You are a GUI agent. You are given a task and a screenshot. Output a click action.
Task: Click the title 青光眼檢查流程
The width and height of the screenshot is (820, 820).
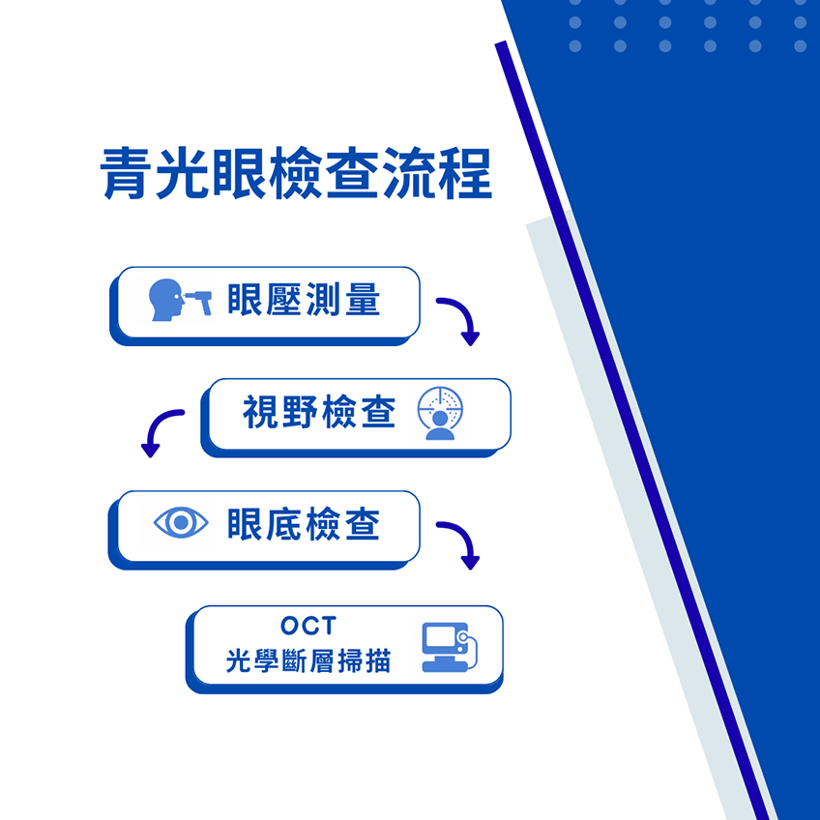point(296,172)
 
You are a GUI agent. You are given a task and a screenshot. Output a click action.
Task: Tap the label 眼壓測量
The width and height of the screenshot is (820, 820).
point(304,299)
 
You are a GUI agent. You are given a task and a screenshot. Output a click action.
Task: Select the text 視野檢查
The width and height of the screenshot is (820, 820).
point(319,412)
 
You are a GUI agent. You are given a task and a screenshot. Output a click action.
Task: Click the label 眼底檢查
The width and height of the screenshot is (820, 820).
point(304,523)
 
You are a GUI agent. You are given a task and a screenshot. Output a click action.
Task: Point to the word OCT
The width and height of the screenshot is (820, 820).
point(308,626)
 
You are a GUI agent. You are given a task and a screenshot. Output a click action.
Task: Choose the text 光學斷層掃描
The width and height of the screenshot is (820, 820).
point(308,660)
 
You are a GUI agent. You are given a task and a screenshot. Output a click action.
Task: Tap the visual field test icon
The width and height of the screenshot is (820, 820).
point(440,413)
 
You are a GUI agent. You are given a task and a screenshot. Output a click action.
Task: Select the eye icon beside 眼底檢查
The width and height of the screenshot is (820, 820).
point(181,522)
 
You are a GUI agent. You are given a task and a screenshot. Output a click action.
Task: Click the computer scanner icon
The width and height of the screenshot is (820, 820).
point(450,647)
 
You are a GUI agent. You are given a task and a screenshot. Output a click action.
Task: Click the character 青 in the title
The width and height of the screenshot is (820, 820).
point(125,172)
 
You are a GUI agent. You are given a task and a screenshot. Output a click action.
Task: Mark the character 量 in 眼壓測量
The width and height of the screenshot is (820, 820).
point(363,299)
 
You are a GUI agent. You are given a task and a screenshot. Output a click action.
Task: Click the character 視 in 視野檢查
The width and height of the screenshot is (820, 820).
point(260,412)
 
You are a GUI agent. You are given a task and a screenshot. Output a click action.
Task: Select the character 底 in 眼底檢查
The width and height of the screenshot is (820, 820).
point(284,523)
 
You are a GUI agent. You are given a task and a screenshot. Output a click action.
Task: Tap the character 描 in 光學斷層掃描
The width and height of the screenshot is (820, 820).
point(378,660)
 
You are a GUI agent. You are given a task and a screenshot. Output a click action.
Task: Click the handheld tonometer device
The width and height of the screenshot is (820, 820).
point(200,302)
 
